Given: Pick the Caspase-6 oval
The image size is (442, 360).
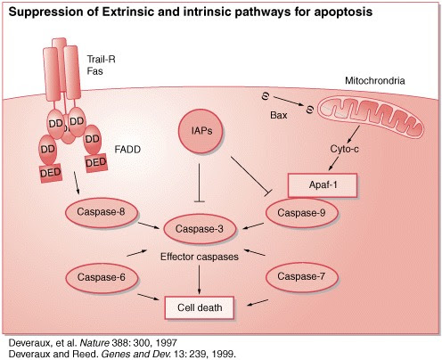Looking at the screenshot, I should [x=98, y=278].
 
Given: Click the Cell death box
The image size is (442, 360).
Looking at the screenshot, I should [x=202, y=309].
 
